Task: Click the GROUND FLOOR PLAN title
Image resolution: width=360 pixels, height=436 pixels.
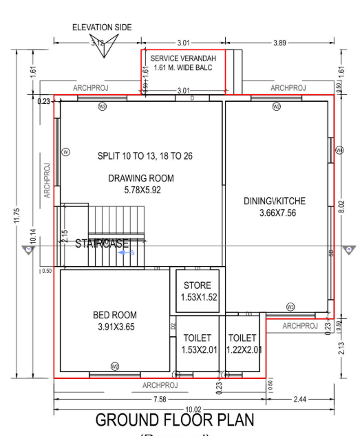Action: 174,419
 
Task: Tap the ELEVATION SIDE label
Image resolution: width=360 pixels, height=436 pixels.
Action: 101,28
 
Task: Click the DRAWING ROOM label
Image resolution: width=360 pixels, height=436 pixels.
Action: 141,178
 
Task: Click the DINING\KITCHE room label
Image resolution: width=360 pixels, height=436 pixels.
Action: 275,201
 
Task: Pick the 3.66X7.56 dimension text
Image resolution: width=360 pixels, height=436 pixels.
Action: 275,212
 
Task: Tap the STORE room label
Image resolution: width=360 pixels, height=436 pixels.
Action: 197,285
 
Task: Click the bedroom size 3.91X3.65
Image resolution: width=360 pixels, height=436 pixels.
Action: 116,327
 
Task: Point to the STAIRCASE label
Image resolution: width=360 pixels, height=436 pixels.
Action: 103,243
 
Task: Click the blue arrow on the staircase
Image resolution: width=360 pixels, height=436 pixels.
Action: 125,253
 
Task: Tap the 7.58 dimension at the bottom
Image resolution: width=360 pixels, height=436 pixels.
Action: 159,399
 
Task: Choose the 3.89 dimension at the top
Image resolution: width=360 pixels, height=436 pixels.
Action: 279,43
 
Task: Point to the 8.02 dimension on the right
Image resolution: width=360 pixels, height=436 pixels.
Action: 341,206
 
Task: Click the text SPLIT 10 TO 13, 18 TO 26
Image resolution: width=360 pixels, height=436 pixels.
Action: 145,156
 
